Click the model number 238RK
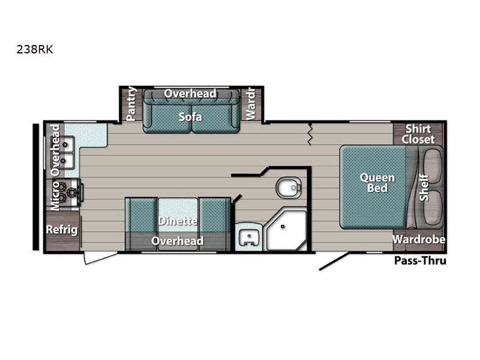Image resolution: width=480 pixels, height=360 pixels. [x=35, y=49]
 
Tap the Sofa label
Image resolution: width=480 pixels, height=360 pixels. [x=190, y=116]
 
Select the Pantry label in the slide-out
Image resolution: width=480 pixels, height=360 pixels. [x=131, y=103]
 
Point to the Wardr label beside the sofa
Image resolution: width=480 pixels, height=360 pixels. [x=250, y=103]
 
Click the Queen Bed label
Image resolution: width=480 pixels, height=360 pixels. [x=377, y=183]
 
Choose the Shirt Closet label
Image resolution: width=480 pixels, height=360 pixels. [x=418, y=134]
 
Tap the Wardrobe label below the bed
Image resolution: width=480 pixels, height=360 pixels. [x=419, y=239]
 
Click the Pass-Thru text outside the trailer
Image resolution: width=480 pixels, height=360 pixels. [x=420, y=260]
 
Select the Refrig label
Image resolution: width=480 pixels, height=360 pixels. [x=62, y=230]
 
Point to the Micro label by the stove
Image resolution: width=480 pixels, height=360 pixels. [x=55, y=196]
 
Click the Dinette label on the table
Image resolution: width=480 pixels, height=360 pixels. [x=178, y=221]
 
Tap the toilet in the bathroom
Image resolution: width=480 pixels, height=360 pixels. [x=289, y=187]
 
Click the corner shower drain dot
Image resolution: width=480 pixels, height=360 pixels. [x=283, y=227]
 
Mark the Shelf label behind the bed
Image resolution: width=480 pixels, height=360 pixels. [x=424, y=187]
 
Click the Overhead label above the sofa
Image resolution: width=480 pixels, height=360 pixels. [x=190, y=94]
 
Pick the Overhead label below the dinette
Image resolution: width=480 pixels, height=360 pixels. [x=178, y=241]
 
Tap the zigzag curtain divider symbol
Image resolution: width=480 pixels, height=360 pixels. [x=310, y=134]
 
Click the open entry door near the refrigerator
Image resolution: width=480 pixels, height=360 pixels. [x=100, y=257]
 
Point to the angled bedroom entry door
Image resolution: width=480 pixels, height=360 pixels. [x=334, y=262]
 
